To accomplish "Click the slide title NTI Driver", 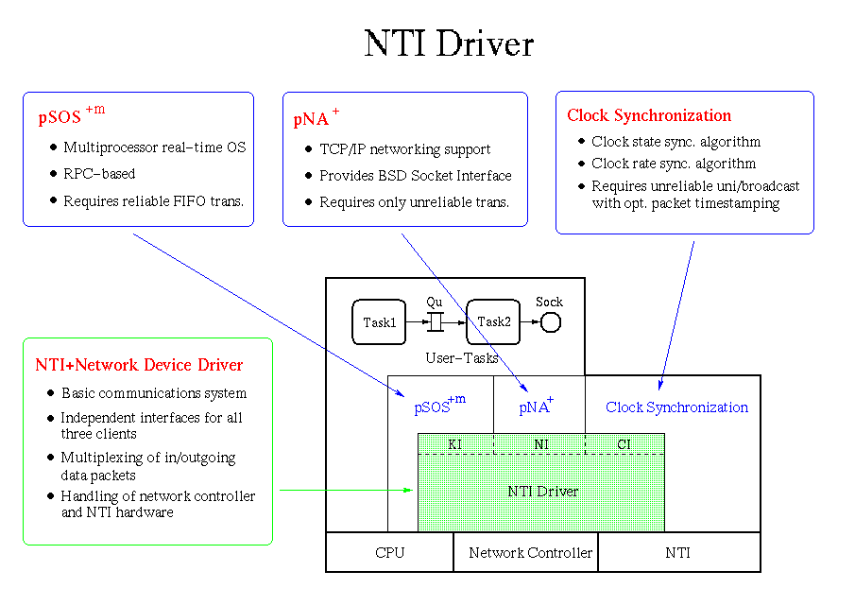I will point(449,44).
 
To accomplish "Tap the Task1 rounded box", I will point(379,322).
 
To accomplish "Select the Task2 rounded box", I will point(493,322).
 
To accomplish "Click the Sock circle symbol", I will point(550,323).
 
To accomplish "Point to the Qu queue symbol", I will point(435,322).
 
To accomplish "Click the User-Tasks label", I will point(462,358).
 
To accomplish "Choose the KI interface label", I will point(454,443).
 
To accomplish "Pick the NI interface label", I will point(541,443).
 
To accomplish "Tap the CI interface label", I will point(624,443).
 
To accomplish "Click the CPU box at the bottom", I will point(389,552).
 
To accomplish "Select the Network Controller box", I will point(530,552).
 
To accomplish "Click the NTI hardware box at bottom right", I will point(677,552).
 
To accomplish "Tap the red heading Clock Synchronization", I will point(649,115).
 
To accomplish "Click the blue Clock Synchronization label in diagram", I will point(676,407).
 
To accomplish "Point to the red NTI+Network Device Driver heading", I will point(139,365).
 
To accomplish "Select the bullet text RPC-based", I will point(99,174).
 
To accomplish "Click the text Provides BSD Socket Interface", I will point(415,176).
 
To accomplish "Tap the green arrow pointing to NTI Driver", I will point(346,490).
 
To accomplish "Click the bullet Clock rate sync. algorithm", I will point(674,164).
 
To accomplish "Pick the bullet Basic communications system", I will point(154,393).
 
